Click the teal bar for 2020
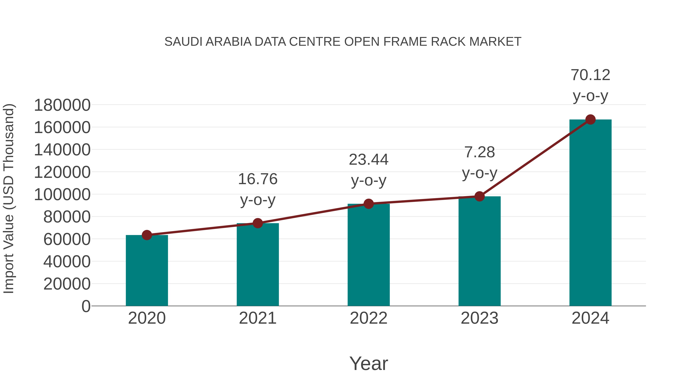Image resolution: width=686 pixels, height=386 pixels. click(x=147, y=270)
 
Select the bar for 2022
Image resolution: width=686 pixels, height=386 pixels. click(x=369, y=255)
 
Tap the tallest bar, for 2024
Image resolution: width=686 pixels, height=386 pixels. click(x=590, y=213)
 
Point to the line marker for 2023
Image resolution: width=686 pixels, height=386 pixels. click(x=479, y=196)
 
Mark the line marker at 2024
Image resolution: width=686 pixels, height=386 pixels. click(x=590, y=120)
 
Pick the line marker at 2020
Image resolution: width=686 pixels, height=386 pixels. click(x=147, y=235)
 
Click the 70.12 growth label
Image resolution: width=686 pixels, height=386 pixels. click(x=590, y=75)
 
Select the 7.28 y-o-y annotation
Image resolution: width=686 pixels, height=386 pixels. click(x=479, y=152)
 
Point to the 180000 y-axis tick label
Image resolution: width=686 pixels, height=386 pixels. click(x=62, y=105)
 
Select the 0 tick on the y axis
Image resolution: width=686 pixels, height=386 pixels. click(x=86, y=306)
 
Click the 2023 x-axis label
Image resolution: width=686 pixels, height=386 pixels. click(x=479, y=318)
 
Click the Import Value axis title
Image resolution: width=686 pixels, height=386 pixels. click(x=9, y=198)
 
